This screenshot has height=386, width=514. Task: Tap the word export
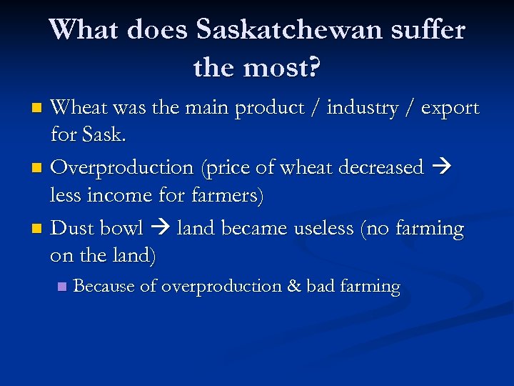coord(450,109)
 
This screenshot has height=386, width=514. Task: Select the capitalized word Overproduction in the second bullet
coord(122,168)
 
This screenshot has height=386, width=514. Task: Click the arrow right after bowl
coord(160,229)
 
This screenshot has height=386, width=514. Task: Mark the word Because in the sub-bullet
coord(104,286)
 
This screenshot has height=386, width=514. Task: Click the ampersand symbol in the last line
coord(293,286)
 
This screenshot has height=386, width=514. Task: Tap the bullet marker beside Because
coord(61,287)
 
